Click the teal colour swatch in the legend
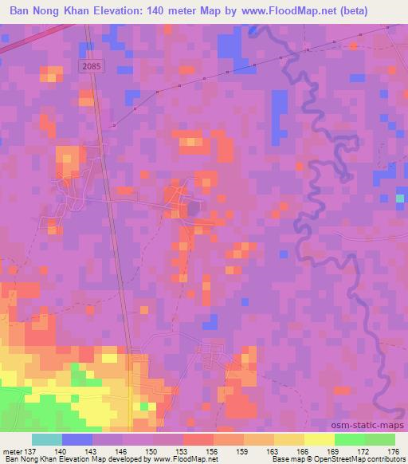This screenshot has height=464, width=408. point(47,439)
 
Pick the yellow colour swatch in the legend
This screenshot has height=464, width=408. point(320,439)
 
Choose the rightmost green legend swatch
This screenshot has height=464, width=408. point(380,439)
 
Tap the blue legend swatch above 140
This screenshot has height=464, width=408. point(77,439)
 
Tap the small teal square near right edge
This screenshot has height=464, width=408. point(399,199)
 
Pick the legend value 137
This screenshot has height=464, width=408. point(32,450)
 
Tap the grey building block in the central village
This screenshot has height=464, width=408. point(192,210)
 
